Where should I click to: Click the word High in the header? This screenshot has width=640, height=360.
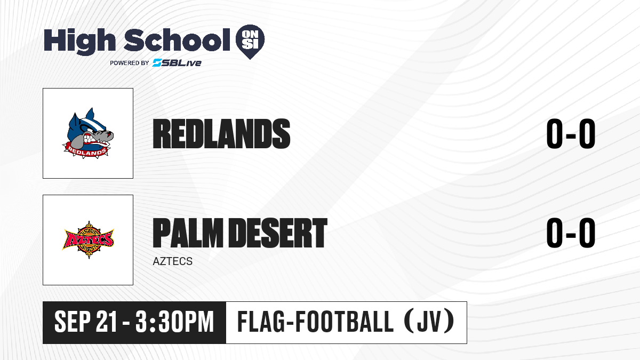[79, 41]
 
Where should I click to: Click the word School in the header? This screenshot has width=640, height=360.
[177, 40]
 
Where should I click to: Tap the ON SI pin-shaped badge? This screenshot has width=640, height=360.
[250, 41]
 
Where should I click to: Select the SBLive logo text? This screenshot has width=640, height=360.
[177, 62]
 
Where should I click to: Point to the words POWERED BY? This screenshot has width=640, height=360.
[130, 63]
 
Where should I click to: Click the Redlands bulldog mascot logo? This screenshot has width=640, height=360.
[88, 133]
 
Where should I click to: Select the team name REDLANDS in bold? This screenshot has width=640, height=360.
[221, 134]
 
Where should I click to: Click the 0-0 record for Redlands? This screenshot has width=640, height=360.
[571, 134]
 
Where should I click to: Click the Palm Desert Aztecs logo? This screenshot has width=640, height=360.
[88, 239]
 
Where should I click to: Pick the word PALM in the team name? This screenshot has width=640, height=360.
[188, 233]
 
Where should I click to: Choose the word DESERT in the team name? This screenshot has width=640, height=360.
[278, 233]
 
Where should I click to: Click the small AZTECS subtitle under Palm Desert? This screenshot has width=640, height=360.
[173, 261]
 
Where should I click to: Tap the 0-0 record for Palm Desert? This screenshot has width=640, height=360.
[571, 233]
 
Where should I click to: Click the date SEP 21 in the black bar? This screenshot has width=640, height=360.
[86, 322]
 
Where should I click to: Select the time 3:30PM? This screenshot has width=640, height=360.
[175, 322]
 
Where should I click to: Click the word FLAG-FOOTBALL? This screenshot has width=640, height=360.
[315, 322]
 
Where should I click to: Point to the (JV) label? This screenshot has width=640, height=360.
[429, 322]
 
